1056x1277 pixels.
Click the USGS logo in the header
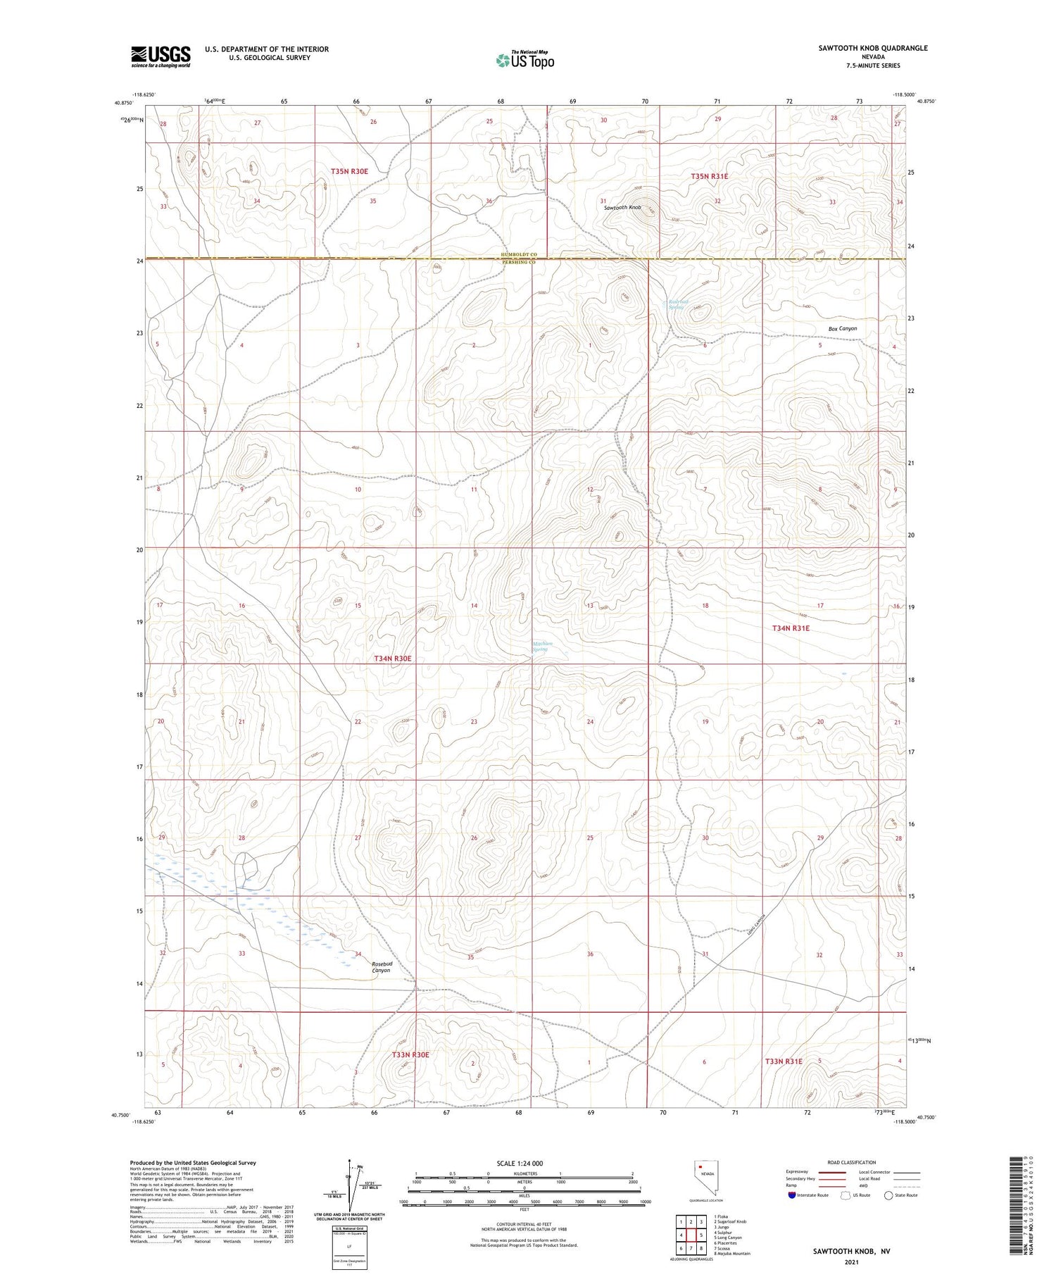161,56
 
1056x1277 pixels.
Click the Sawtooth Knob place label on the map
622,208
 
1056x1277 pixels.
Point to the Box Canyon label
842,329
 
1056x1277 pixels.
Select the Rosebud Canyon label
382,966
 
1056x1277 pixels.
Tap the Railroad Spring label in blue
677,304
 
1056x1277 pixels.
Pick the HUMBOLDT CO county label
519,254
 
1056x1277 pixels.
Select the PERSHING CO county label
519,262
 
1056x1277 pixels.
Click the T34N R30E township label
392,659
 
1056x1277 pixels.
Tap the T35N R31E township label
709,176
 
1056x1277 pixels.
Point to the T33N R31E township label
783,1061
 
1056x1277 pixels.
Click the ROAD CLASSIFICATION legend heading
851,1162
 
